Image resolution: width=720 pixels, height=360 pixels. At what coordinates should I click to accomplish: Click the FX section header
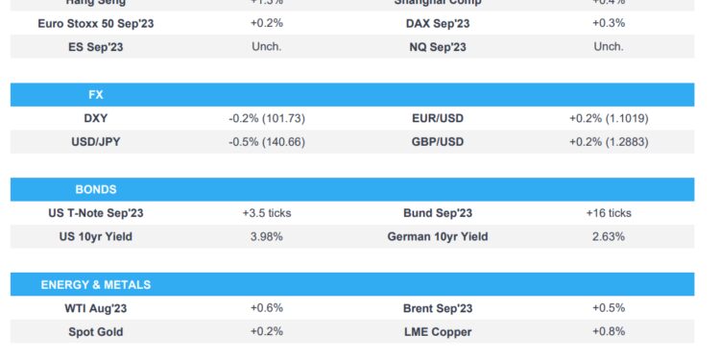click(x=94, y=95)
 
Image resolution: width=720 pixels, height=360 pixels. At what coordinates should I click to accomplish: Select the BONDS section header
click(x=95, y=190)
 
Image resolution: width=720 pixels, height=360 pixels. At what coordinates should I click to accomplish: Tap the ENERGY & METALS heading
click(x=95, y=285)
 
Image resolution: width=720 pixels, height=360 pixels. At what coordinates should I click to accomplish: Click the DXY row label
click(x=95, y=118)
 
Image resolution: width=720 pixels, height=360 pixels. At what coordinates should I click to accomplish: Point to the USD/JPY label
click(x=95, y=141)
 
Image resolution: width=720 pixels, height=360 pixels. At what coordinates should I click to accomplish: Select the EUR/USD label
click(x=437, y=118)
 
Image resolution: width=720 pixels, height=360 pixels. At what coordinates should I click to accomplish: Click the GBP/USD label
click(x=437, y=141)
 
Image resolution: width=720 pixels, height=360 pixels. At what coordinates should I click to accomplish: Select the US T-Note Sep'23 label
click(x=95, y=213)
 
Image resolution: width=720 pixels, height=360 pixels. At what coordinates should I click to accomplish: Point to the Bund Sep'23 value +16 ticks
click(x=609, y=213)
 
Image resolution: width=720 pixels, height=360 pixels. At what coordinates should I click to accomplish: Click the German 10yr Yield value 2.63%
click(x=609, y=236)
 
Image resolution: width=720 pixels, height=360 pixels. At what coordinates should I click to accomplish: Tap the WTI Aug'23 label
click(x=95, y=308)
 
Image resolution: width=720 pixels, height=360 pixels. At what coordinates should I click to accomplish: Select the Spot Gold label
click(x=95, y=331)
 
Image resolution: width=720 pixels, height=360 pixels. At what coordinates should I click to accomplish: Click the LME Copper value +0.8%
click(x=609, y=331)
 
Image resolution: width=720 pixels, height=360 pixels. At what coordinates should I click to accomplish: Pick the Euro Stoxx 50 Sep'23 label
click(x=95, y=23)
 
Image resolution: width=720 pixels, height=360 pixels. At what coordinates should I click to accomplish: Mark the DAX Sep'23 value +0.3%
click(x=609, y=23)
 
